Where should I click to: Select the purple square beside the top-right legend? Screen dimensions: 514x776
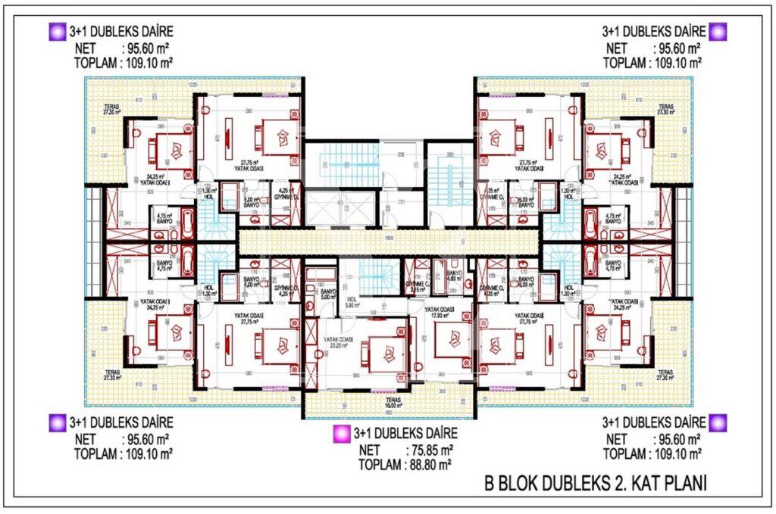(x=718, y=32)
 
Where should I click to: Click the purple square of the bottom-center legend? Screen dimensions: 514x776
(x=340, y=434)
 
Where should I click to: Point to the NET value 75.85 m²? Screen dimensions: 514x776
(x=429, y=450)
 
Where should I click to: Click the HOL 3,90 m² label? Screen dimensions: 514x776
(x=351, y=301)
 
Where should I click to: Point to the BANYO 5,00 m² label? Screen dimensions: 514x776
(x=327, y=294)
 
